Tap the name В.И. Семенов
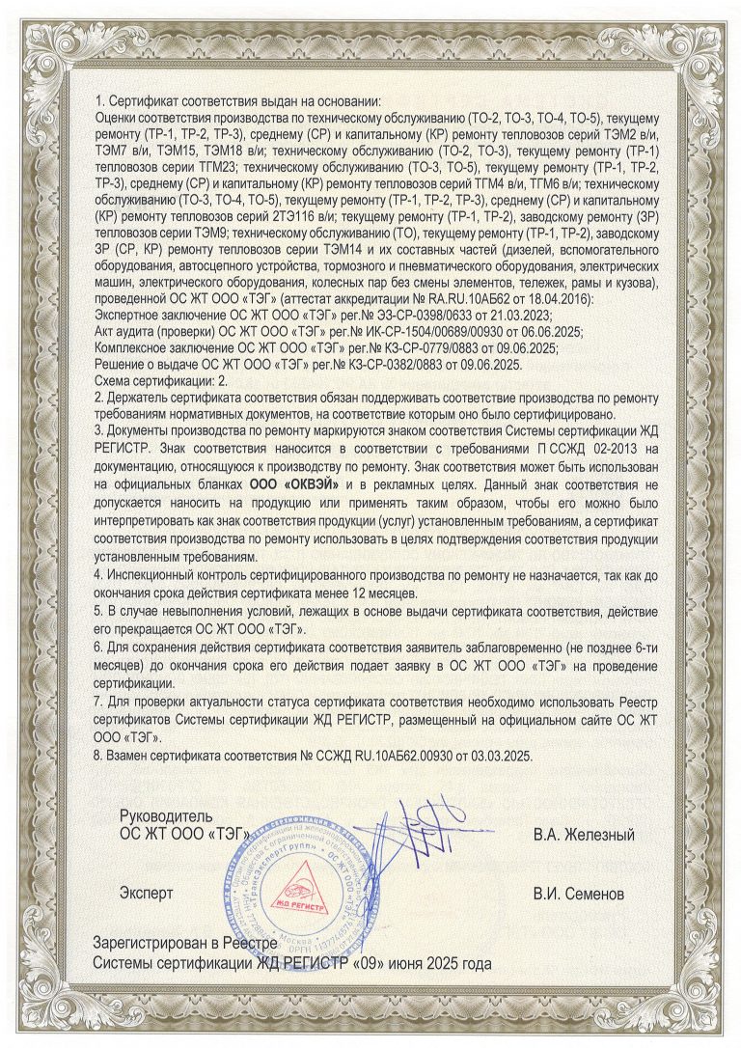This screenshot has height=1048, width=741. pyautogui.click(x=579, y=894)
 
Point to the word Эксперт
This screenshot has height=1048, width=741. pyautogui.click(x=147, y=894)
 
